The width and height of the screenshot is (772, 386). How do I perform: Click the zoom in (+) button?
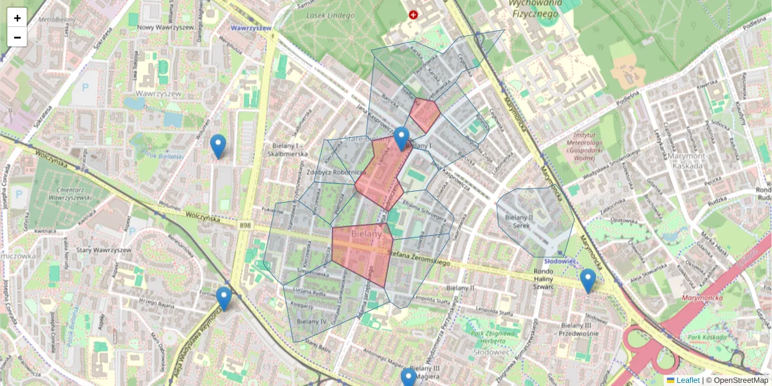(17, 18)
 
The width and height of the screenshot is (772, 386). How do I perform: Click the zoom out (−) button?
(17, 37)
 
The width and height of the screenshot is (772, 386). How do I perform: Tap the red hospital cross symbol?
(412, 14)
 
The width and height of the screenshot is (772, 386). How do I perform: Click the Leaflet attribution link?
(688, 380)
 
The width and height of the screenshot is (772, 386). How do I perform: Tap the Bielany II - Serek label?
(525, 222)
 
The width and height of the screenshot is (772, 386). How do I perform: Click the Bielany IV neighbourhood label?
(313, 320)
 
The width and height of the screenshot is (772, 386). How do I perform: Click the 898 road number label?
(244, 225)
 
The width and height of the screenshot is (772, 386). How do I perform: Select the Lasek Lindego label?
(331, 15)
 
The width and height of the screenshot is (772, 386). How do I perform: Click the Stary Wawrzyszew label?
(104, 250)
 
